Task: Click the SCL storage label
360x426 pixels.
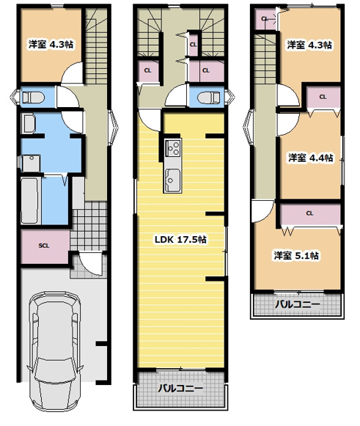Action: [x=44, y=246]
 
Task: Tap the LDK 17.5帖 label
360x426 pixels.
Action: [x=180, y=239]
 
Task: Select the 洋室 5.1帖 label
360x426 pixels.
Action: [x=296, y=255]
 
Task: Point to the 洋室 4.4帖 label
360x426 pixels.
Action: [x=311, y=158]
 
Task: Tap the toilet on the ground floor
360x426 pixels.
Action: [x=33, y=98]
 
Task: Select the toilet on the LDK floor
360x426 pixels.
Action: [x=209, y=98]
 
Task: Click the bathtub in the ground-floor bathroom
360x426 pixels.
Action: [x=29, y=201]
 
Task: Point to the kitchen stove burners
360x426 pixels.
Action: [x=173, y=148]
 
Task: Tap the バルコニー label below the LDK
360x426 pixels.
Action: [x=180, y=388]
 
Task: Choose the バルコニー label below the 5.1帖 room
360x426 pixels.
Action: [x=297, y=304]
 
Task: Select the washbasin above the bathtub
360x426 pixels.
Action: [x=32, y=163]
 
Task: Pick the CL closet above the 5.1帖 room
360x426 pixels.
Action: [x=310, y=213]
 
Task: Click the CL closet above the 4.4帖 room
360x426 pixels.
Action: [x=323, y=97]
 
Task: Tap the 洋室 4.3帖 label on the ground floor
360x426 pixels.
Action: [x=51, y=44]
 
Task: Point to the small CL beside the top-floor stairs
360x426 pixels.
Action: [x=265, y=19]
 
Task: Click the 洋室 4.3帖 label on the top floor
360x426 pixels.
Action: [x=309, y=45]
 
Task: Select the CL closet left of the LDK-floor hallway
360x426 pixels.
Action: [x=147, y=70]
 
